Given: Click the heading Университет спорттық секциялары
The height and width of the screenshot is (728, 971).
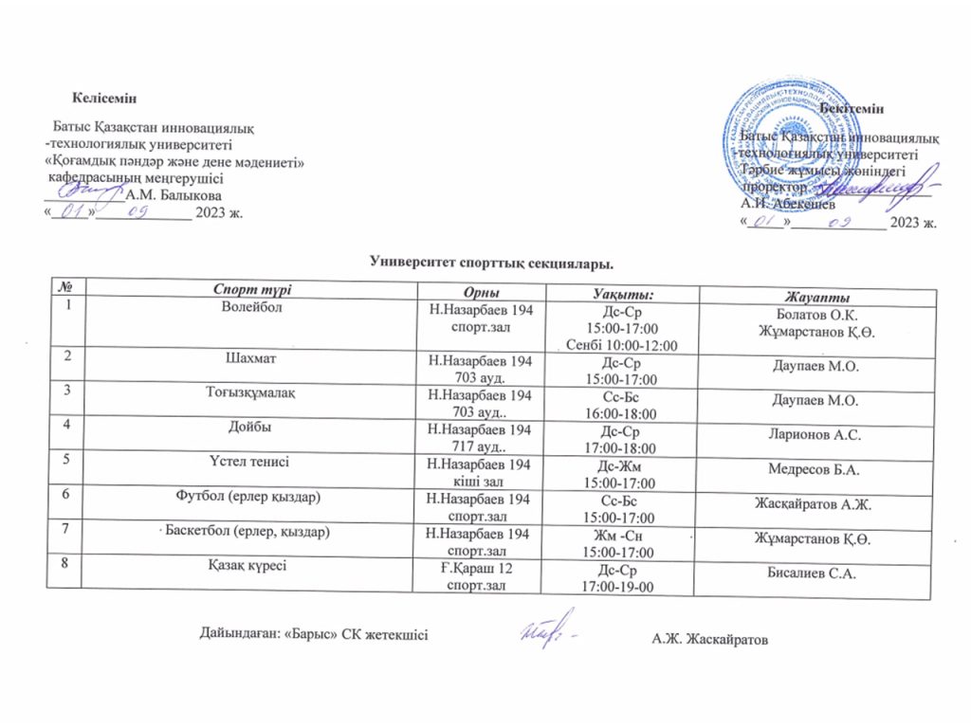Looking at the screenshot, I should click(x=485, y=259).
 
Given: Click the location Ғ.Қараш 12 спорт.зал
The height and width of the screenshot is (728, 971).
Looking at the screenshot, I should click(x=479, y=574).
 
